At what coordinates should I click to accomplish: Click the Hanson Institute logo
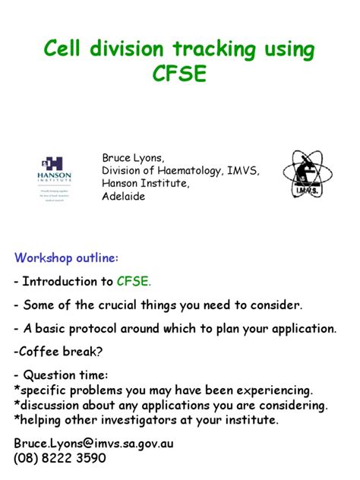point(55,175)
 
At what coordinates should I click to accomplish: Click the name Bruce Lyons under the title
point(131,158)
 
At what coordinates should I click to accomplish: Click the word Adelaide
point(123,196)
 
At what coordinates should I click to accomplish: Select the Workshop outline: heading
point(66,258)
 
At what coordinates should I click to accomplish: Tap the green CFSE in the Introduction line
point(134,282)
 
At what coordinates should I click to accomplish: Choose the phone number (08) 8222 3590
point(60,459)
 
